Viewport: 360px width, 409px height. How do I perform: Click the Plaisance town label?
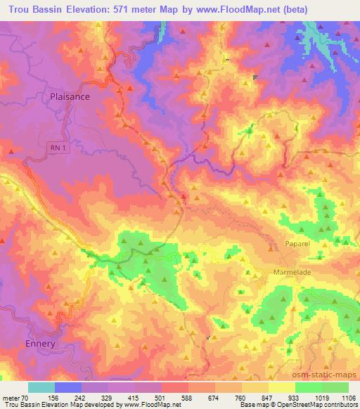pyautogui.click(x=70, y=96)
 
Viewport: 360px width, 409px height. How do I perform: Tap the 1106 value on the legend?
pyautogui.click(x=349, y=397)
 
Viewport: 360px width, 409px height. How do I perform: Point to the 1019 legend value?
pyautogui.click(x=322, y=397)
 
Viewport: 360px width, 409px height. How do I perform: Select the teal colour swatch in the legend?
pyautogui.click(x=41, y=387)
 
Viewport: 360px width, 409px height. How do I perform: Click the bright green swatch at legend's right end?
pyautogui.click(x=335, y=387)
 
